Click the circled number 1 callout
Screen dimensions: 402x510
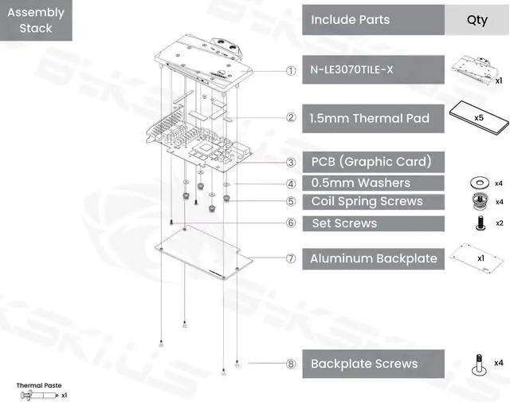292,70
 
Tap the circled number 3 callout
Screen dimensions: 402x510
292,162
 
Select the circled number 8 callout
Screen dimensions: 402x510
292,364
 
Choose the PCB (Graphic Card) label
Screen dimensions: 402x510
372,162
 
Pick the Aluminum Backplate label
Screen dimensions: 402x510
372,258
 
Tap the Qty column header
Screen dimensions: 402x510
477,19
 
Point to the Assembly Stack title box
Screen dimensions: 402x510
36,21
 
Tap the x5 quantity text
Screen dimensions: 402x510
481,117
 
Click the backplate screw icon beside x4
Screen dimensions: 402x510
479,364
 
